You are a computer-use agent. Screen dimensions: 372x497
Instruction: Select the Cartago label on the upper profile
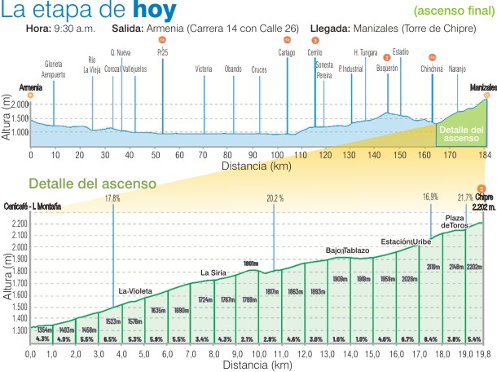286,53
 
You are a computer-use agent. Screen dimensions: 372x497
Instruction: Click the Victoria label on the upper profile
205,69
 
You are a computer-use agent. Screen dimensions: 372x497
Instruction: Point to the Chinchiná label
432,69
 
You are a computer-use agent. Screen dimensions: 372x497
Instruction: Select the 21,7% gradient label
465,198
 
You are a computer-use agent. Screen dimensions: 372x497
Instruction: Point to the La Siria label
213,272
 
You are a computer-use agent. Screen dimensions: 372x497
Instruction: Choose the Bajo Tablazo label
348,250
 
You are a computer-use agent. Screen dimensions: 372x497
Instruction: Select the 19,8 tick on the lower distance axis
484,354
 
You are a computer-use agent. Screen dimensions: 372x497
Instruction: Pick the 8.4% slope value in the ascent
432,339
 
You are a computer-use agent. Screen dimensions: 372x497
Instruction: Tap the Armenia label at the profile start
30,86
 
